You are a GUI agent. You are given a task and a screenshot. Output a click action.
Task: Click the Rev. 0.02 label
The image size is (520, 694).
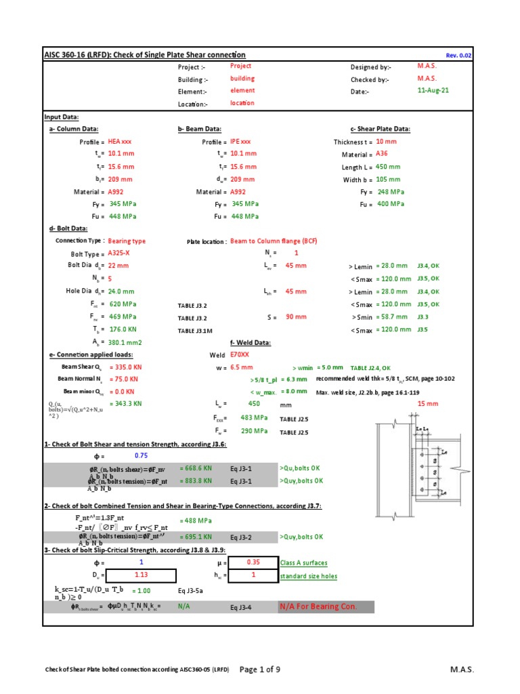point(458,56)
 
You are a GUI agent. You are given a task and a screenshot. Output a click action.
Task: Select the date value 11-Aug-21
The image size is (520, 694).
point(433,91)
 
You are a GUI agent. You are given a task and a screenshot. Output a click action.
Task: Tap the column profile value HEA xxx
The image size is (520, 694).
point(120,142)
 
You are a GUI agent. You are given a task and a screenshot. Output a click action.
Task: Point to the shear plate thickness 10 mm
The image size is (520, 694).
point(387,142)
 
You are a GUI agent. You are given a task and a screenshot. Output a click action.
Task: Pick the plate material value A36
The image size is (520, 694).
point(382,155)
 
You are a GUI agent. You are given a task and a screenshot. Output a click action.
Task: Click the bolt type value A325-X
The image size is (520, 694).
point(122,253)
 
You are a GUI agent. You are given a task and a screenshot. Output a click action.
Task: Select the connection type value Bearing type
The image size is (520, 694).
point(127,241)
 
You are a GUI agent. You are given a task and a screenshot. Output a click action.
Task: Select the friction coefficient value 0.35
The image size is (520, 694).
point(253,563)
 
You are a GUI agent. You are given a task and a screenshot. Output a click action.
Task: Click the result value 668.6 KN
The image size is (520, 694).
point(196,468)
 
